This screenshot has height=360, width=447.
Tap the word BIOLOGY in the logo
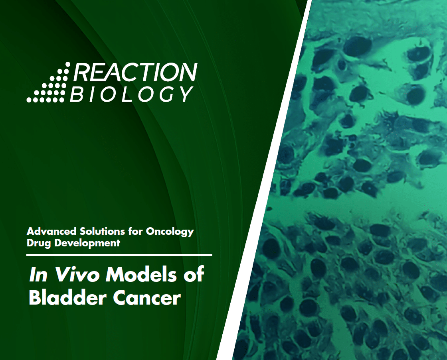131,94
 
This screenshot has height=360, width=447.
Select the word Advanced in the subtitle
51,231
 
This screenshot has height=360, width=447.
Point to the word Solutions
102,231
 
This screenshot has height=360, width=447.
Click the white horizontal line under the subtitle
119,255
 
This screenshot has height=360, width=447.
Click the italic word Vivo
76,275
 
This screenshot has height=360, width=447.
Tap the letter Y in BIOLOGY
186,94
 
